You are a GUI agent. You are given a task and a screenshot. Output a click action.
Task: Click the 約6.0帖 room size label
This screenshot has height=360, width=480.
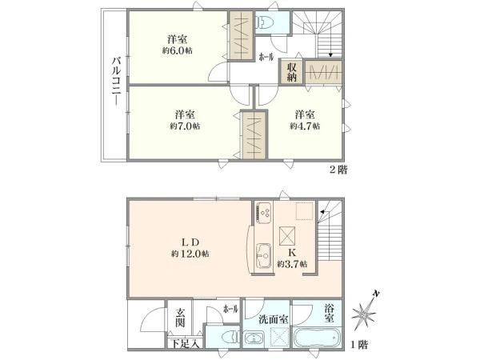pos(178,50)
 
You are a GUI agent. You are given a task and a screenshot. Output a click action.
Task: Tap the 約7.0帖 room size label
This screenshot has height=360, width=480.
pos(185,126)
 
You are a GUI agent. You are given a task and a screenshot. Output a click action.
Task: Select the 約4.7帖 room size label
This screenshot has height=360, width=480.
pos(305,126)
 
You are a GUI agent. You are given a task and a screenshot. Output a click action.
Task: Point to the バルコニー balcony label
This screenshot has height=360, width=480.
pos(117,82)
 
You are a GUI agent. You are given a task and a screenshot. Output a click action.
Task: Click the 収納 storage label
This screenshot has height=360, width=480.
pos(291,73)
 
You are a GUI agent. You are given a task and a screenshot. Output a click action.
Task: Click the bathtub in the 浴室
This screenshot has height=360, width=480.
pos(317,338)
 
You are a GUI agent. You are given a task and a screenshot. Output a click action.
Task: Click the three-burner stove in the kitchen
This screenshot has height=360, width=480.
pos(263,213)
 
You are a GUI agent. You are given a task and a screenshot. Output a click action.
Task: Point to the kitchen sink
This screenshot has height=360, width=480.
pos(263,256)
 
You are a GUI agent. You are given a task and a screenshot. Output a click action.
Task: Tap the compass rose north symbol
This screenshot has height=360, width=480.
pos(365,311)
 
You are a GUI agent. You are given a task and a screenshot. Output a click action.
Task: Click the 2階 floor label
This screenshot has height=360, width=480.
pos(338,170)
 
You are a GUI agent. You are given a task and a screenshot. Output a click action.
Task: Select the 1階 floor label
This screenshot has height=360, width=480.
pos(359,345)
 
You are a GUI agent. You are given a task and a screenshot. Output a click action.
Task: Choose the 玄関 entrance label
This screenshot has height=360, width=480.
pos(180,318)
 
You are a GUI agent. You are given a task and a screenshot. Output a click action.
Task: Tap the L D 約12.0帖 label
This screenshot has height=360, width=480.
pos(190,248)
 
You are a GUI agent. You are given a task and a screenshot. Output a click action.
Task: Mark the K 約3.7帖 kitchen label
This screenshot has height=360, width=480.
pos(292,258)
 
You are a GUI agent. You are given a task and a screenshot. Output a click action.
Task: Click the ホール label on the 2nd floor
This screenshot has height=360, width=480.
pos(266,57)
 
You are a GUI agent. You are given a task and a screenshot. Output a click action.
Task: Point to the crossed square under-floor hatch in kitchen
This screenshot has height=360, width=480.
pos(287,236)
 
